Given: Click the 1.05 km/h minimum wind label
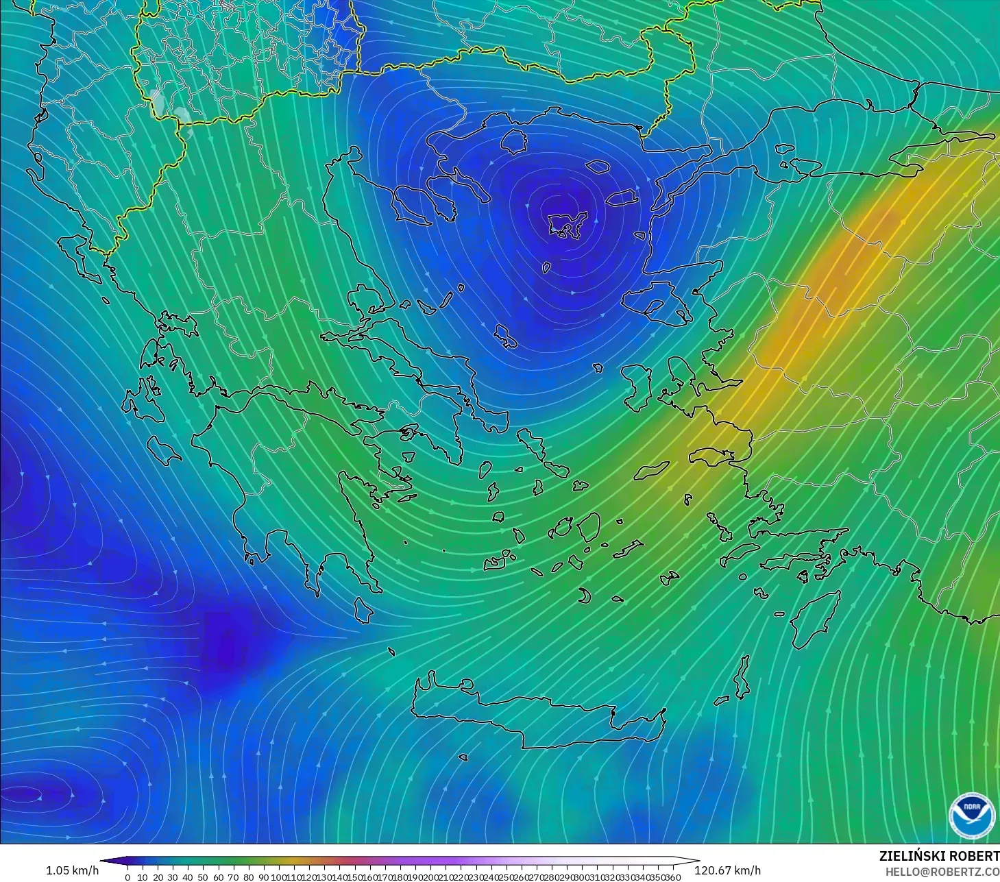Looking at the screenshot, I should (72, 870).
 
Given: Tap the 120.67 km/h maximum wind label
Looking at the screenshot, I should (728, 870).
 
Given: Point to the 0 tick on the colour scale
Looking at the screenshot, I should (127, 877).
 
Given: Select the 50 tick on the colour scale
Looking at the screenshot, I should (203, 877).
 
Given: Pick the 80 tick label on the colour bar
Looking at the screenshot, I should (248, 877).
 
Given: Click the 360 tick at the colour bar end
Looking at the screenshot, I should (673, 877).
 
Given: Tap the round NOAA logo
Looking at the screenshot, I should (971, 816).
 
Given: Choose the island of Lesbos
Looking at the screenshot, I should (657, 302).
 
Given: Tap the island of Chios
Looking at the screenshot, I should (637, 387).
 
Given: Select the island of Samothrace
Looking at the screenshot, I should (598, 166).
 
